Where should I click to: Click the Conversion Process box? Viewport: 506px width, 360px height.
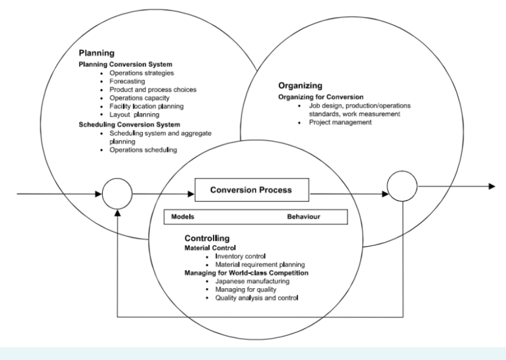click(x=251, y=190)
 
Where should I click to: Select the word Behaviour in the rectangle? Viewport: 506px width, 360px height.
click(x=303, y=217)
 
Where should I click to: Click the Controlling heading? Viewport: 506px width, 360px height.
click(x=207, y=238)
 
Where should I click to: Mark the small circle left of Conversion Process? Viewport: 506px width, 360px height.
click(x=118, y=194)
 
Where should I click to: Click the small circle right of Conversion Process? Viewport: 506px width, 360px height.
click(x=402, y=187)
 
